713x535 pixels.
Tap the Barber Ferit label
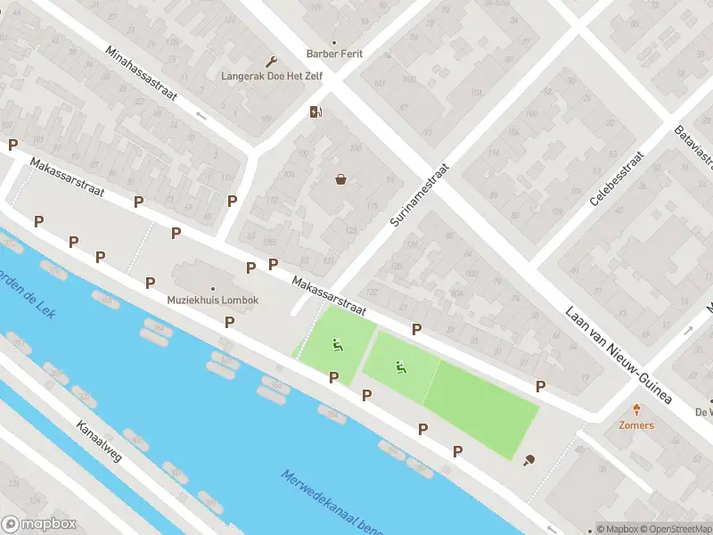click(334, 54)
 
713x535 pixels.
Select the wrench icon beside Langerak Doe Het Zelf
click(272, 61)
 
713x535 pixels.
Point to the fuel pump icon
click(316, 111)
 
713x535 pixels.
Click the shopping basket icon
click(340, 179)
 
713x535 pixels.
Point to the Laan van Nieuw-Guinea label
click(617, 353)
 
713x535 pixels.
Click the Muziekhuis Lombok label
click(213, 300)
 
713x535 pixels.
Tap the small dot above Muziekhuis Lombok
click(213, 288)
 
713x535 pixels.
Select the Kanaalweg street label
click(98, 440)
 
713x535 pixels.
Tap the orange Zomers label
click(636, 425)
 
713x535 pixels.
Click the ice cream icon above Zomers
click(636, 410)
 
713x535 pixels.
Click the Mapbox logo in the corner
click(39, 524)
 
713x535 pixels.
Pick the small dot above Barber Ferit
click(334, 42)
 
